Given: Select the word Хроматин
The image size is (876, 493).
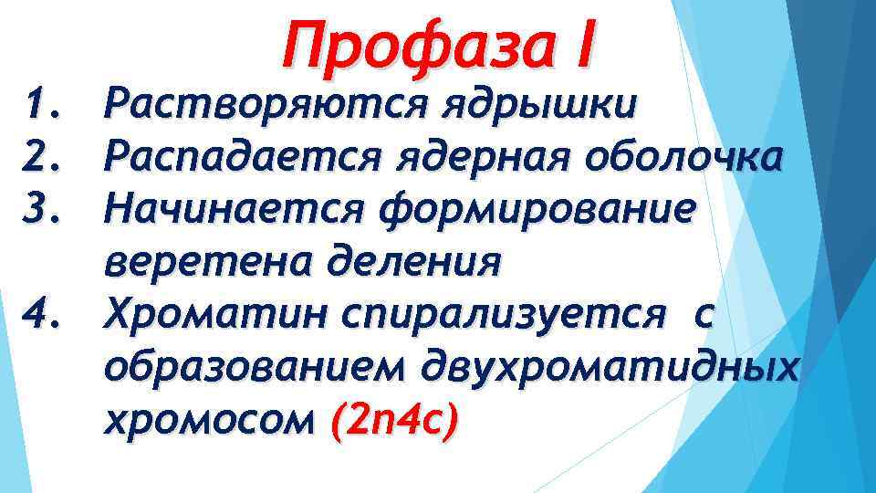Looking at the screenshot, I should tap(214, 315).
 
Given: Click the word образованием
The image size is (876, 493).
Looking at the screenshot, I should tap(255, 368).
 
